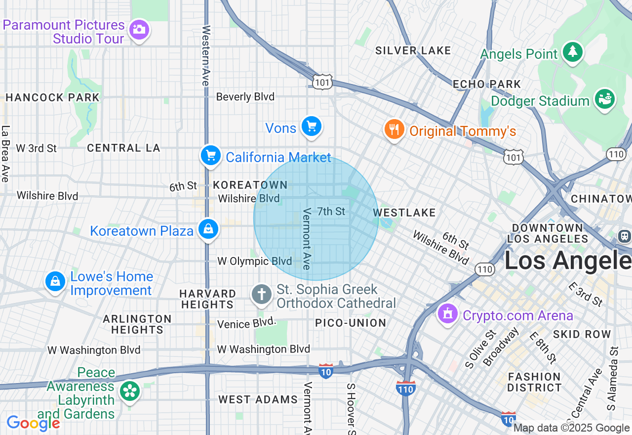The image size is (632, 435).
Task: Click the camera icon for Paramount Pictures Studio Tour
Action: tap(139, 30)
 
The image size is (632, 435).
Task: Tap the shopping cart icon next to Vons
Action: tap(311, 127)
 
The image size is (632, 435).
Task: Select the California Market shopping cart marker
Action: tap(211, 156)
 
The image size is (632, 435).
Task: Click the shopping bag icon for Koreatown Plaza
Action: tap(209, 229)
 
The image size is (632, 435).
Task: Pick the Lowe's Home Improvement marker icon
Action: tap(55, 281)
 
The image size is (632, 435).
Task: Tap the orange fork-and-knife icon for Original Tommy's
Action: tap(394, 130)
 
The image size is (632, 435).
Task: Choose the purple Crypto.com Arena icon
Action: tap(448, 313)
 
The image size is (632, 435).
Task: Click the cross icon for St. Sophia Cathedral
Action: tap(261, 295)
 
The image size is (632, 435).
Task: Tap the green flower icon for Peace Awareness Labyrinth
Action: tap(129, 391)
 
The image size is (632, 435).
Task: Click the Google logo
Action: tap(33, 423)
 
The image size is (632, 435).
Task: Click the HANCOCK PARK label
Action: tap(52, 97)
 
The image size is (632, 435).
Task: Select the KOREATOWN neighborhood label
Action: tap(250, 185)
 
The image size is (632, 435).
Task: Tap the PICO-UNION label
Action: tap(351, 323)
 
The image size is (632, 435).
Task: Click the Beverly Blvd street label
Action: tap(245, 97)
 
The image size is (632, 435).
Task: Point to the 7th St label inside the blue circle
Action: tap(331, 212)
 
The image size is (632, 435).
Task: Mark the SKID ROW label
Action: tap(582, 334)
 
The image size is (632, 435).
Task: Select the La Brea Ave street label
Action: tap(5, 153)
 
